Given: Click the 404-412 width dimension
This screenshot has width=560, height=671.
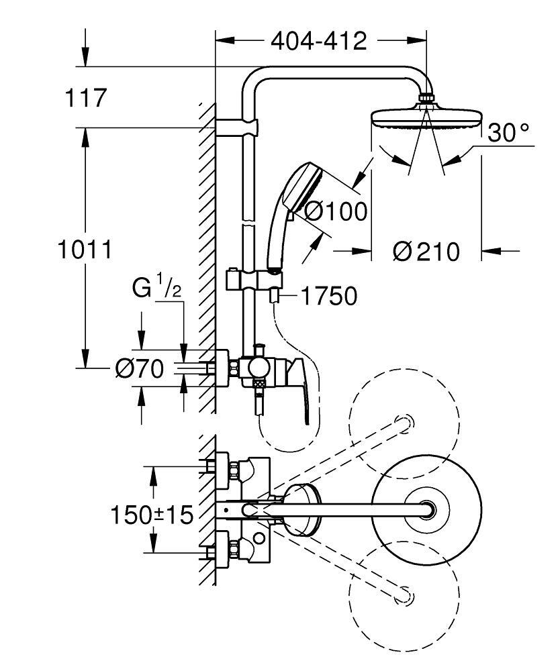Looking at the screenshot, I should [319, 42].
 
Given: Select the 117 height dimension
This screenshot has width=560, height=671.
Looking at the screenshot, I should [86, 98].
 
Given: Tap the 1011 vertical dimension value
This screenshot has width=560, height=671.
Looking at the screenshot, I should [84, 250].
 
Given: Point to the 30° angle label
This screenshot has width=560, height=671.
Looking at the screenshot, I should [508, 133].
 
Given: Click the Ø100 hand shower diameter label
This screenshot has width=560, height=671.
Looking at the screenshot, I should [336, 212].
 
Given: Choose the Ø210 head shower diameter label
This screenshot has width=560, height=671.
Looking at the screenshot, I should [426, 252].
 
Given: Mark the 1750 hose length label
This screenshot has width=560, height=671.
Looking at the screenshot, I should [329, 296].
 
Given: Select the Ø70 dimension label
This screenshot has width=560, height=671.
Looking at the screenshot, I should [139, 369].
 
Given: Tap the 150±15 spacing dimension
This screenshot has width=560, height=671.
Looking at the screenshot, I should [151, 515].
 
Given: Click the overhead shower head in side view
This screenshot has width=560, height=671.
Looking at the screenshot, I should [426, 121].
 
